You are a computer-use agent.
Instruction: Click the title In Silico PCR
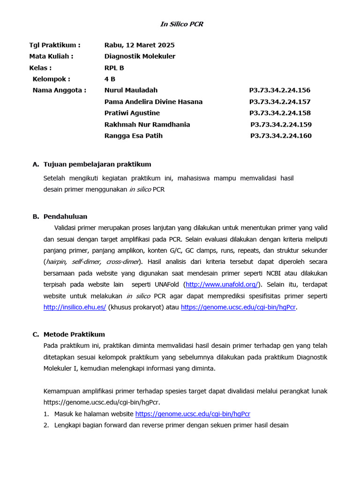[x=182, y=24]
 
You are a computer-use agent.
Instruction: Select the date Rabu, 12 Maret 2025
[x=139, y=45]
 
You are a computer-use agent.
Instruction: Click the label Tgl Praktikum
[x=54, y=45]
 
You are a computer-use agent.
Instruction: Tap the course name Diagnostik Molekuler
[x=140, y=56]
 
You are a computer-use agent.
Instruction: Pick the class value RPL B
[x=114, y=67]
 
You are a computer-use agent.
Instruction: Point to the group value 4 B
[x=110, y=79]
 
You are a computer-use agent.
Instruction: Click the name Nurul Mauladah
[x=131, y=90]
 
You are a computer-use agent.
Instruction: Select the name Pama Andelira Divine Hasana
[x=153, y=102]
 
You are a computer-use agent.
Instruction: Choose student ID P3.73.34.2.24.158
[x=280, y=113]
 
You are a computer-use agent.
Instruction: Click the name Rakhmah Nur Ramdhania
[x=147, y=125]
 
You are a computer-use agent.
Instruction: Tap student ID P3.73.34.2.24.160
[x=281, y=136]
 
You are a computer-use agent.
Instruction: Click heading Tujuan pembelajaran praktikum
[x=97, y=164]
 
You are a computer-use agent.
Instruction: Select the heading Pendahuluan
[x=65, y=217]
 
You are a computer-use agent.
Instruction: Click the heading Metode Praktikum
[x=74, y=334]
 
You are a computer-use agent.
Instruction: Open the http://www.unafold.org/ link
[x=222, y=285]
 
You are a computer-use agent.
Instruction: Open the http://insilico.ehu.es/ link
[x=75, y=307]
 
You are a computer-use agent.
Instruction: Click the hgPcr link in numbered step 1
[x=193, y=414]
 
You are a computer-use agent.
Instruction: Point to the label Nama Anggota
[x=59, y=90]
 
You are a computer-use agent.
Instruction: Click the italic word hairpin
[x=56, y=262]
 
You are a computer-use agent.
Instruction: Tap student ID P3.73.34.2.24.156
[x=280, y=90]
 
